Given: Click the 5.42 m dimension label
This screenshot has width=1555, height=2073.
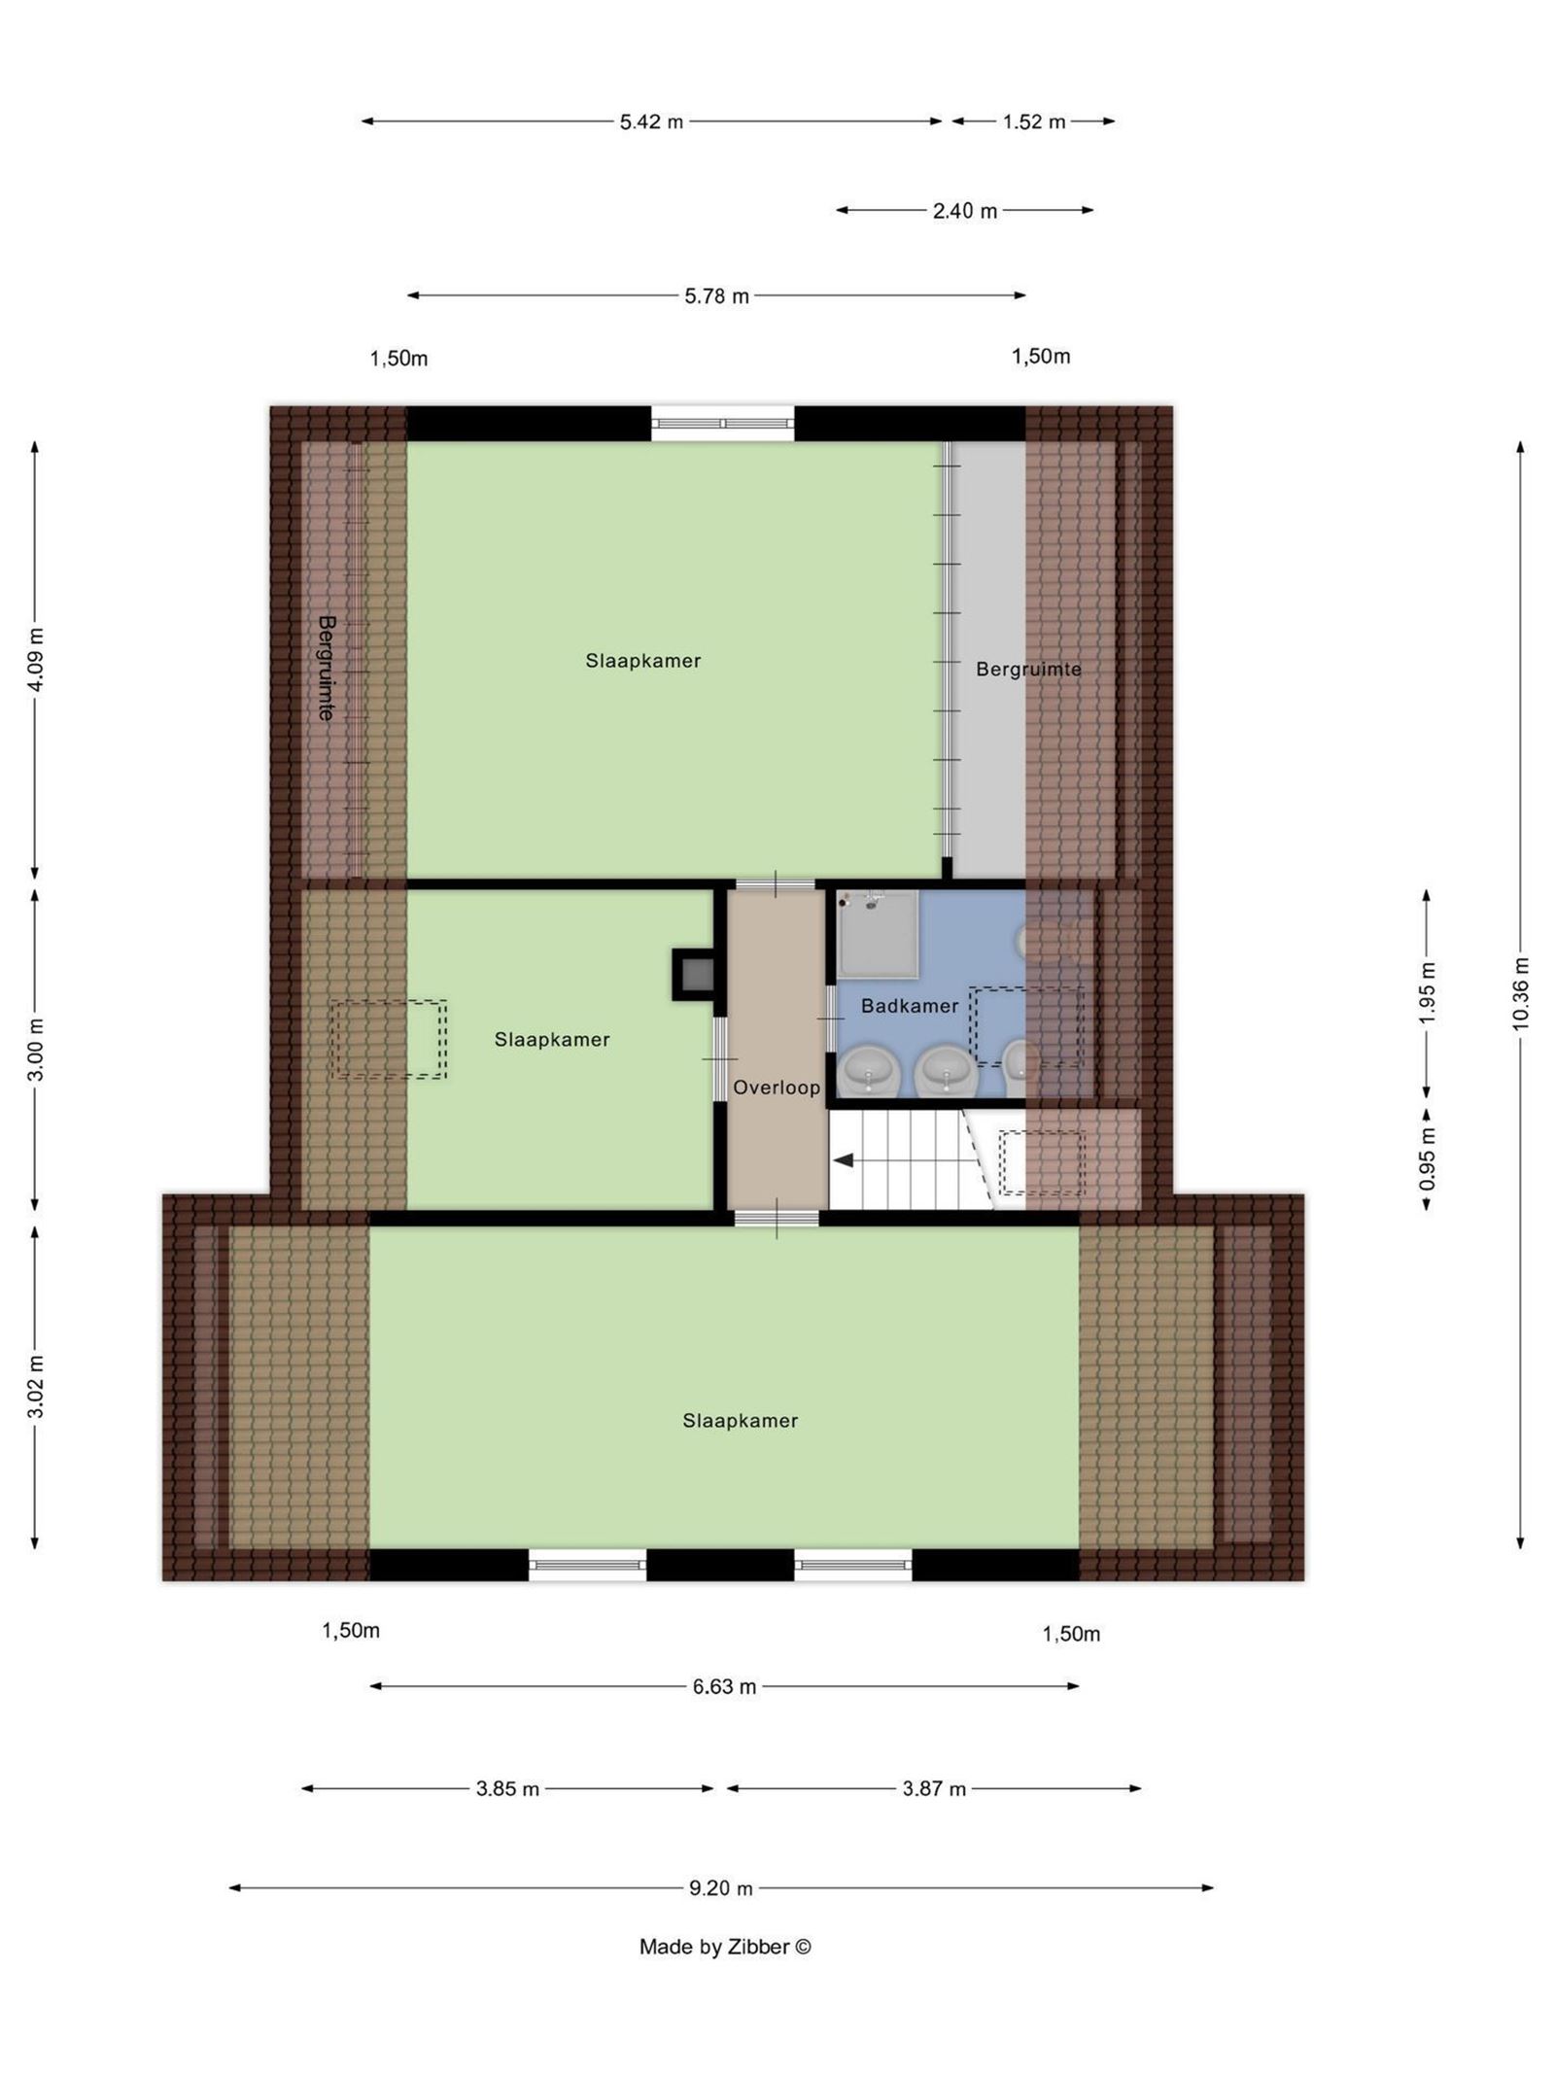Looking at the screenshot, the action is (651, 121).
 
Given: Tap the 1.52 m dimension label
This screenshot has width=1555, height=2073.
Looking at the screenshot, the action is (1034, 121).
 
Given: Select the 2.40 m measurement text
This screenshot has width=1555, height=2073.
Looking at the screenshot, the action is (965, 211).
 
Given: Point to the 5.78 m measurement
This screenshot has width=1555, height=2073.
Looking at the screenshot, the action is (717, 296).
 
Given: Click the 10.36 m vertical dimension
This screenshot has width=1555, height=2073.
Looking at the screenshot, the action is (1522, 992).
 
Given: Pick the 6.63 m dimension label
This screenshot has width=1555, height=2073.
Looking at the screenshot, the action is (724, 1687).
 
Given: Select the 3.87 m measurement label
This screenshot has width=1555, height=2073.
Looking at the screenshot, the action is (934, 1788).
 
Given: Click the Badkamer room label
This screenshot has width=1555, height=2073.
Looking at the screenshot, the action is (910, 1006).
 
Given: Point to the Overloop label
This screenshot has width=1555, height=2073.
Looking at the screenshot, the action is (777, 1088).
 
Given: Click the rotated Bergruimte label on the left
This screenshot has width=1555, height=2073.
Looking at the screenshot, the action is (327, 668).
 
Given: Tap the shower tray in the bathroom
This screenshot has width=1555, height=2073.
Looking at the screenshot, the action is (878, 934).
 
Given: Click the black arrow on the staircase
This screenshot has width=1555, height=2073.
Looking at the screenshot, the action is (842, 1159).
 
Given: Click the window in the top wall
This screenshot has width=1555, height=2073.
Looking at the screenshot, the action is (722, 424).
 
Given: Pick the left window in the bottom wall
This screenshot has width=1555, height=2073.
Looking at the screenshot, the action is (587, 1565).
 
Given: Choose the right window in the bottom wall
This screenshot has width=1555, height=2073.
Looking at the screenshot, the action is (853, 1565).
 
